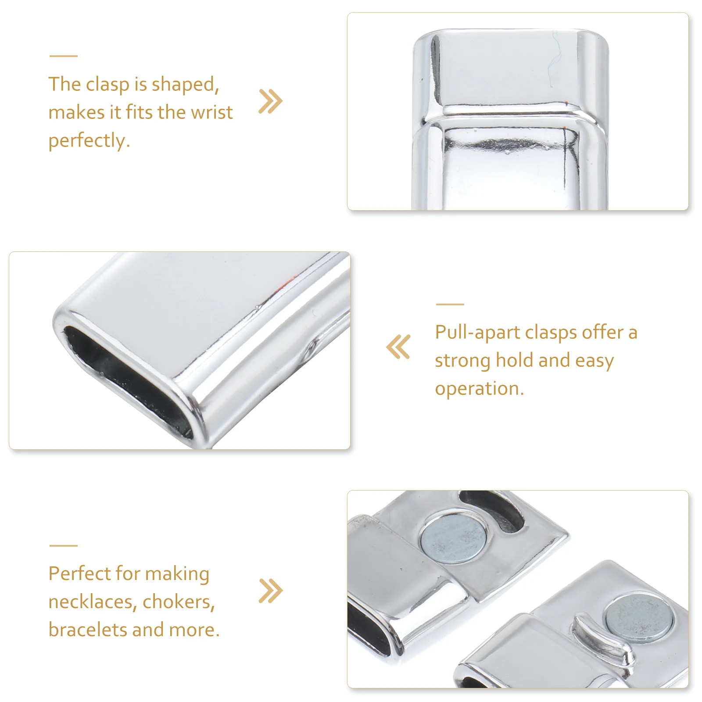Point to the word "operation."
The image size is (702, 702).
coord(480,389)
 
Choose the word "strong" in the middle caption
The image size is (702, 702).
coord(462,361)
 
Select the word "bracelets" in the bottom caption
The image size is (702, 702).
coord(88,630)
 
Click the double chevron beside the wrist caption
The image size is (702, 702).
coord(271,101)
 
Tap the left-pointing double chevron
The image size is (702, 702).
coord(398,347)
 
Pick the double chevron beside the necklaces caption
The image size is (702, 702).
coord(271,591)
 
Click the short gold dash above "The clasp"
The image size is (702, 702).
coord(64,56)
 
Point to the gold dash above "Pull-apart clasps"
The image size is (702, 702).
coord(450,304)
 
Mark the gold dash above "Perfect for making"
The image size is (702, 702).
coord(64,546)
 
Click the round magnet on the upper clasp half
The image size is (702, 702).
coord(454,538)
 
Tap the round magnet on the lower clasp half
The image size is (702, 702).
coord(639,619)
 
